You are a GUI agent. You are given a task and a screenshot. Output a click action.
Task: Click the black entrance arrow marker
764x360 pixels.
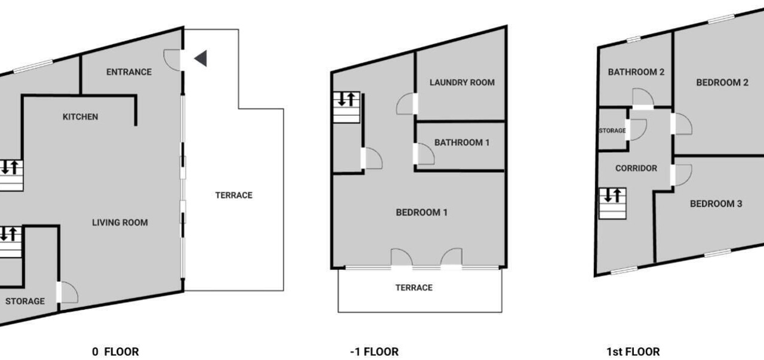click(201, 59)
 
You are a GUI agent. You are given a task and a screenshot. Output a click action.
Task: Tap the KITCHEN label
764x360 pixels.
click(81, 116)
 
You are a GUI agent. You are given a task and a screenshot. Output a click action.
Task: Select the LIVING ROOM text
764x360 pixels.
click(120, 223)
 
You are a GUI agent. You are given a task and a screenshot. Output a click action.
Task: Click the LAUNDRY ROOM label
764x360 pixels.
click(462, 82)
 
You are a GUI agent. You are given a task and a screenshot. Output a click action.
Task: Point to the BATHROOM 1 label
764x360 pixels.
click(462, 142)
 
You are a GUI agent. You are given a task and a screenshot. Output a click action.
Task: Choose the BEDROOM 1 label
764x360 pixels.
click(421, 213)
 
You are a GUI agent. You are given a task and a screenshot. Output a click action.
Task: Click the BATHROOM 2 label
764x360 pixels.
click(636, 72)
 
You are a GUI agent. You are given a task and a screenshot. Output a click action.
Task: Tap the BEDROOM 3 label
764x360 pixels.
click(716, 204)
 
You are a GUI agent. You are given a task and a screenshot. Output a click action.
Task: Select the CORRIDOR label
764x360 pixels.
click(636, 168)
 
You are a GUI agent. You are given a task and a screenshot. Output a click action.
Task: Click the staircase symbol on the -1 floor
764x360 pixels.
click(347, 107)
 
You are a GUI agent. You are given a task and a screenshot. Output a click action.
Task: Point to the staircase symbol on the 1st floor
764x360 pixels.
click(612, 204)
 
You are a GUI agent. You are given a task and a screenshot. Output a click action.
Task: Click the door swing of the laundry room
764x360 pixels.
click(406, 104)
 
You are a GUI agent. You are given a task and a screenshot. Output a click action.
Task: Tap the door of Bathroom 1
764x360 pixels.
click(424, 154)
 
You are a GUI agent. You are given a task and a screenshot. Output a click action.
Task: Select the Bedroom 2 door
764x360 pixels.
click(682, 124)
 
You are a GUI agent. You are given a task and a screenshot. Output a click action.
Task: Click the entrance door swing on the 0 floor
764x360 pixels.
click(172, 60)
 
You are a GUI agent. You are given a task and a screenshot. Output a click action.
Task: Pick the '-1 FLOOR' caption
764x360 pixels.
click(374, 352)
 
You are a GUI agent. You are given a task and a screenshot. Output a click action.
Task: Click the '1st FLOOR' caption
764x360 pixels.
click(633, 352)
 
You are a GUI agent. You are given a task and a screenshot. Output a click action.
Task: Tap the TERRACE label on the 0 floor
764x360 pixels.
click(234, 195)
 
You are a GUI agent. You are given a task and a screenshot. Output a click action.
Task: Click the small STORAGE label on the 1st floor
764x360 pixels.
click(612, 131)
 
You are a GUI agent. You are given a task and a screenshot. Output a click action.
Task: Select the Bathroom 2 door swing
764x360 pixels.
click(643, 98)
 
